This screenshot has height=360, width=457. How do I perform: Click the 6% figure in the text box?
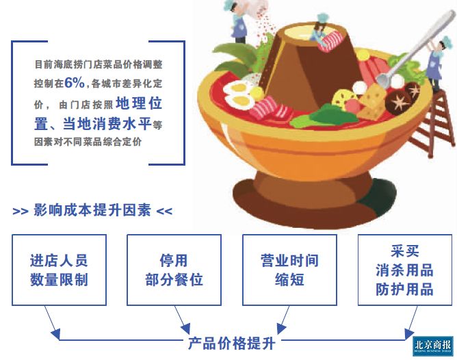click(x=75, y=82)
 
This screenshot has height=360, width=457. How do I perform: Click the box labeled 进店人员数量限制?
click(x=59, y=270)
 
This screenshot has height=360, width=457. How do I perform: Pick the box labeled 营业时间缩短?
click(x=289, y=270)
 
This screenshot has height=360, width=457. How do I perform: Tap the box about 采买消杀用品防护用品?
click(x=404, y=270)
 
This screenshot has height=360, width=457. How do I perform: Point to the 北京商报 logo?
click(x=433, y=346)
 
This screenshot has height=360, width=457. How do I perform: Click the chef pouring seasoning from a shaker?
click(x=239, y=21)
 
